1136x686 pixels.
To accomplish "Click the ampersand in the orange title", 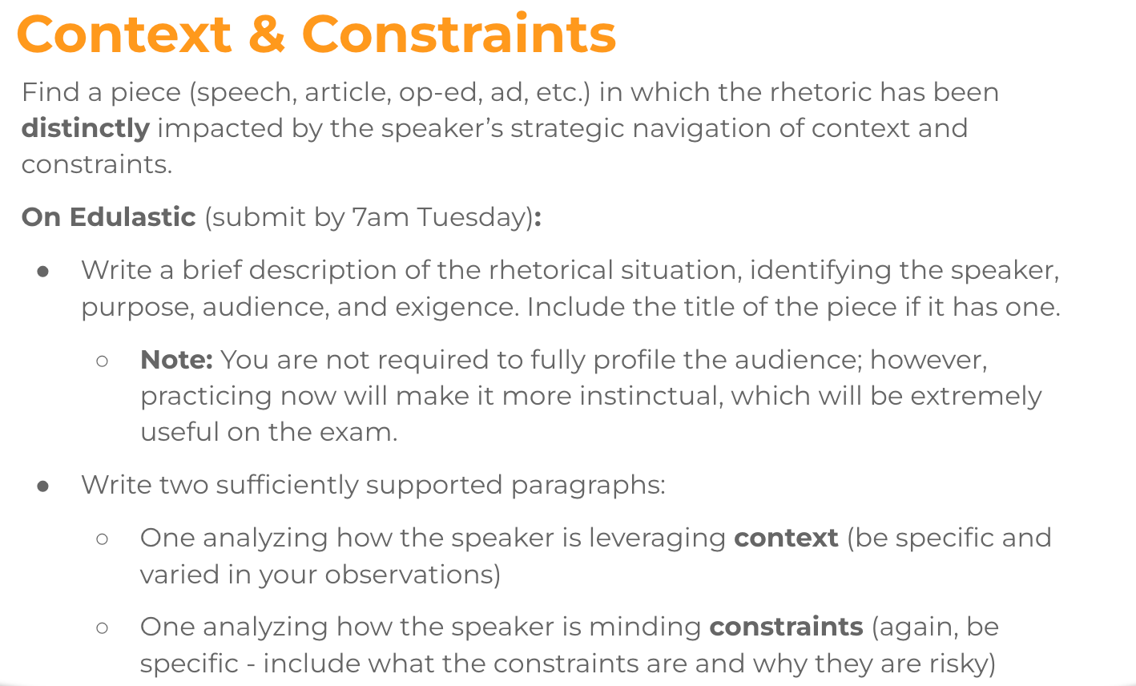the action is click(267, 34).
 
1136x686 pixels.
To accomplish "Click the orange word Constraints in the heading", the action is click(459, 34).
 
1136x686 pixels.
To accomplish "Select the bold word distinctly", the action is click(86, 128).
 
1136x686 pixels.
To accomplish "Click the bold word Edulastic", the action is click(133, 217).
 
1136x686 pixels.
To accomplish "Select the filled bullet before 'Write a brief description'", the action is click(43, 272).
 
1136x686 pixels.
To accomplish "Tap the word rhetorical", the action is click(551, 270).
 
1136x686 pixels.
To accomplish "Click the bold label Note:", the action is click(176, 360).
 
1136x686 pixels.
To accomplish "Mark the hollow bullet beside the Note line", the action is click(102, 361).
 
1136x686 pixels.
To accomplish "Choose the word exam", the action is click(358, 433).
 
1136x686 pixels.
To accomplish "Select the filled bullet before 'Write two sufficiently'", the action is click(43, 486).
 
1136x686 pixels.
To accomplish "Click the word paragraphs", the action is click(588, 486).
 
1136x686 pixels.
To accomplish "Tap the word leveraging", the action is click(657, 539).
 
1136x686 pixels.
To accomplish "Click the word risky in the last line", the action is click(961, 664).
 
